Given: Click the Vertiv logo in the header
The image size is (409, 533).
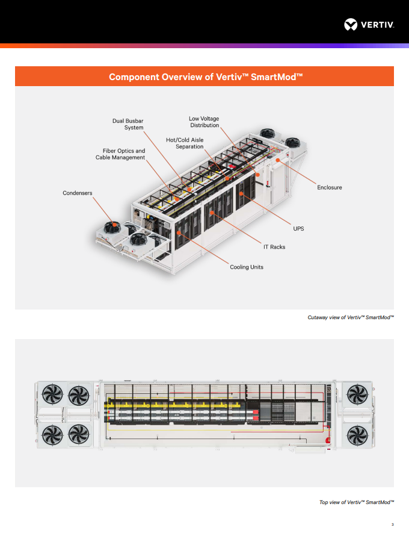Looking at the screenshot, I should [369, 25].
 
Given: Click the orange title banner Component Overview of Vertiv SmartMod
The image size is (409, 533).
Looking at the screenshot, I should [204, 76].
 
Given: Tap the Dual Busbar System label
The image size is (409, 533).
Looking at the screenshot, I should [128, 124].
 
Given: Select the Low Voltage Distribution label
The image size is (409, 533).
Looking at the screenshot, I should [204, 122].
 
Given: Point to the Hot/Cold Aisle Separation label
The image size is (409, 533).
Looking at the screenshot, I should [185, 143].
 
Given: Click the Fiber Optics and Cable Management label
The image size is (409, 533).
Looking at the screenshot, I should [120, 154].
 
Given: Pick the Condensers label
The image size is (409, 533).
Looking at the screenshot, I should [78, 193].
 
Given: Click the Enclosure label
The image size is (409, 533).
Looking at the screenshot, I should [329, 187].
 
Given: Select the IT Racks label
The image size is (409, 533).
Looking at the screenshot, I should [274, 247].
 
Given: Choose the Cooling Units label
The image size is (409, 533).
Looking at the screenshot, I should [247, 267].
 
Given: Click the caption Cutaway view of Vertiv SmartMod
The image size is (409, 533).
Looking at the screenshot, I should [350, 317].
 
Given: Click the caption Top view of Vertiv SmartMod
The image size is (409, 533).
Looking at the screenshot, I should [356, 502].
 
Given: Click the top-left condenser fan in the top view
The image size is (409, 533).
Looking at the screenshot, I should [52, 396].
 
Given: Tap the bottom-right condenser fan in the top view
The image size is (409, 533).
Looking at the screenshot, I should [357, 434].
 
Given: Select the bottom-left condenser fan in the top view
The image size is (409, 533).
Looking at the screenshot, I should [52, 434].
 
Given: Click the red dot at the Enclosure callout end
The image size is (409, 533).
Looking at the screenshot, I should [278, 160].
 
